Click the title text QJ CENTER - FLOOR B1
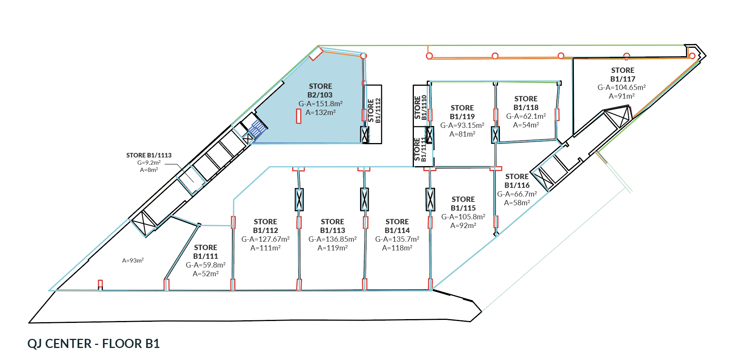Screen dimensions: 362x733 [x=94, y=343]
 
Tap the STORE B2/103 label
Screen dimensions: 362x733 [x=320, y=91]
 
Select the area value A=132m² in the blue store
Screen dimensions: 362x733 [x=320, y=112]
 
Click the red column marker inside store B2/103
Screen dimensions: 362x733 [x=299, y=116]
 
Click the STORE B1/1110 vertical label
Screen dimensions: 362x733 [x=420, y=107]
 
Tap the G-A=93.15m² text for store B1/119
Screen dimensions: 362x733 [x=462, y=125]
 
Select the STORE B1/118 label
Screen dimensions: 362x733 [x=526, y=103]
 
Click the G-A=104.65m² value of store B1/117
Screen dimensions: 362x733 [x=622, y=87]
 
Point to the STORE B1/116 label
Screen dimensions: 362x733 [x=517, y=181]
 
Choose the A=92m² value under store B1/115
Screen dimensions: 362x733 [x=463, y=225]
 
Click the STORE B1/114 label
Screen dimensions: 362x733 [x=397, y=226]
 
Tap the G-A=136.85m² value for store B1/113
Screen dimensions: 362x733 [x=332, y=239]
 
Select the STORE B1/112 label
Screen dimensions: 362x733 [x=265, y=226]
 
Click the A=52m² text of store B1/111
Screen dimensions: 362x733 [x=205, y=274]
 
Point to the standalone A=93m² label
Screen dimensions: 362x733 [x=133, y=260]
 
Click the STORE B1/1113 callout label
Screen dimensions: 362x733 [x=149, y=155]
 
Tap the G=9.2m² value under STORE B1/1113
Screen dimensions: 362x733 [x=149, y=163]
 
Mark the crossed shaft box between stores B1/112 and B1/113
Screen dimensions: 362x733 [x=299, y=200]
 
